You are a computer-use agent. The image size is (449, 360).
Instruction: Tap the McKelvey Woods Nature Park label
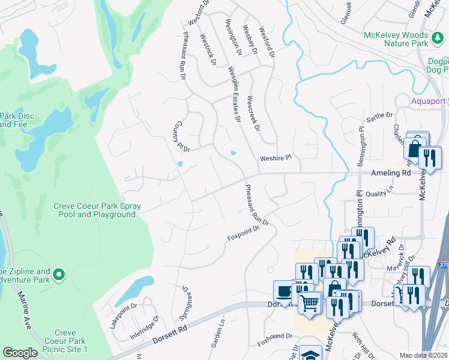point(404,39)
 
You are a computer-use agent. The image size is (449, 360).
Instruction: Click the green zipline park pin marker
point(58,275)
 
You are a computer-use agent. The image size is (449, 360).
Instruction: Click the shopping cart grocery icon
point(309,303)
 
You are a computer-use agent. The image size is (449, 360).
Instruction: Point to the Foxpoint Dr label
point(243,233)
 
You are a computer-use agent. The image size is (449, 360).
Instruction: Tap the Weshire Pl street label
point(275,158)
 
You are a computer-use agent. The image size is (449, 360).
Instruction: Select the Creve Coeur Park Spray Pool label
point(97,210)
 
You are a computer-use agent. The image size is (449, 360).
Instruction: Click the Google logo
point(20,353)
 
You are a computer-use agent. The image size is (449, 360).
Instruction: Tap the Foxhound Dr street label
point(275,336)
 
